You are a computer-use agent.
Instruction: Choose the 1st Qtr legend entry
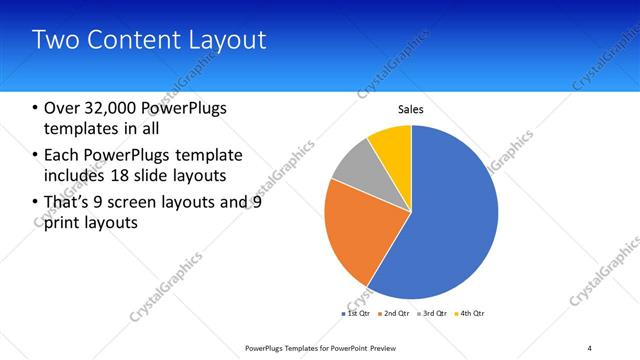click(x=357, y=314)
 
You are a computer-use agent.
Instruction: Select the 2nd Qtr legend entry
click(x=395, y=314)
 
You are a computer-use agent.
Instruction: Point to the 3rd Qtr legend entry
click(x=433, y=314)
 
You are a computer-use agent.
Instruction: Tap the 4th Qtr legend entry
click(x=470, y=314)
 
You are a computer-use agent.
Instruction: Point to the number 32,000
click(x=116, y=107)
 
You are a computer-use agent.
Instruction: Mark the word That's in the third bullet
click(x=71, y=202)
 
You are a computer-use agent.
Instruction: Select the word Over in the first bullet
click(x=63, y=107)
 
